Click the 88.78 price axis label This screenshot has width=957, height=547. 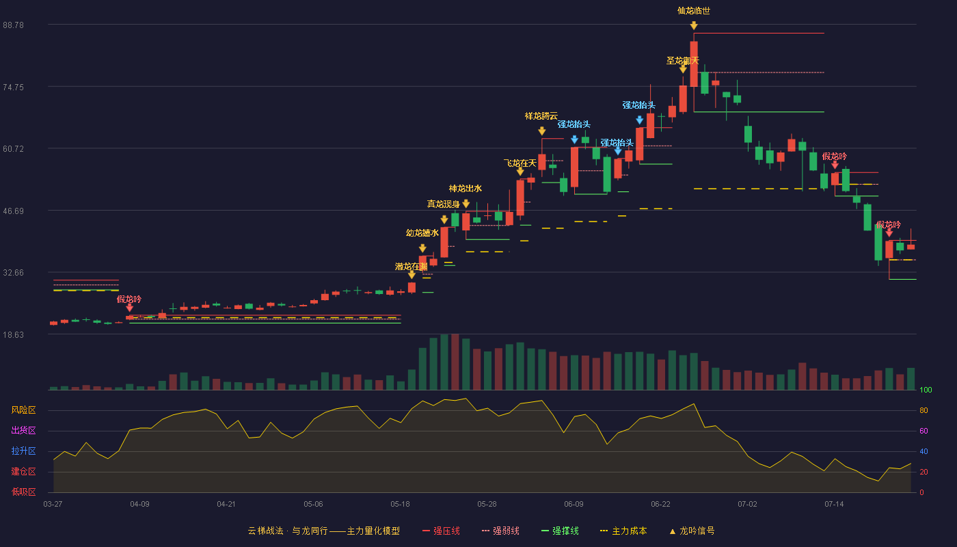13,25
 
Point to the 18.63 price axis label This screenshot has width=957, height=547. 13,335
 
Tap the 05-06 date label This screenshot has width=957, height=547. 313,505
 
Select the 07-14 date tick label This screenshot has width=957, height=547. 834,505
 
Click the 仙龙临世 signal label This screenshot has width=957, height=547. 694,11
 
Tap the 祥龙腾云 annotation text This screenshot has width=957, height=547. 541,116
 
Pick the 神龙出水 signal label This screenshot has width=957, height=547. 466,189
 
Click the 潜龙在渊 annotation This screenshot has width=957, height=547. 411,267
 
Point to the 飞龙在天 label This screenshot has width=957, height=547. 520,163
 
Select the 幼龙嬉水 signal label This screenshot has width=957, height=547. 422,233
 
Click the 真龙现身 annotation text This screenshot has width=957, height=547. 444,204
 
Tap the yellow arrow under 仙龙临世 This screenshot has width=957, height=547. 694,26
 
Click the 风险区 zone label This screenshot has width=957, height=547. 23,410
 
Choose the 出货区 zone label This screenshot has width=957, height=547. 23,431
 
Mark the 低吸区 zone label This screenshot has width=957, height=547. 23,492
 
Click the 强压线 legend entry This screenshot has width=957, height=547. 441,531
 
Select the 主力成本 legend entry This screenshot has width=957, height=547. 623,531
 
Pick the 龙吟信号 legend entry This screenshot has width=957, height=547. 692,531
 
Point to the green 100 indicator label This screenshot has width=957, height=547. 926,390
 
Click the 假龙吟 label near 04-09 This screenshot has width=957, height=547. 129,299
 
